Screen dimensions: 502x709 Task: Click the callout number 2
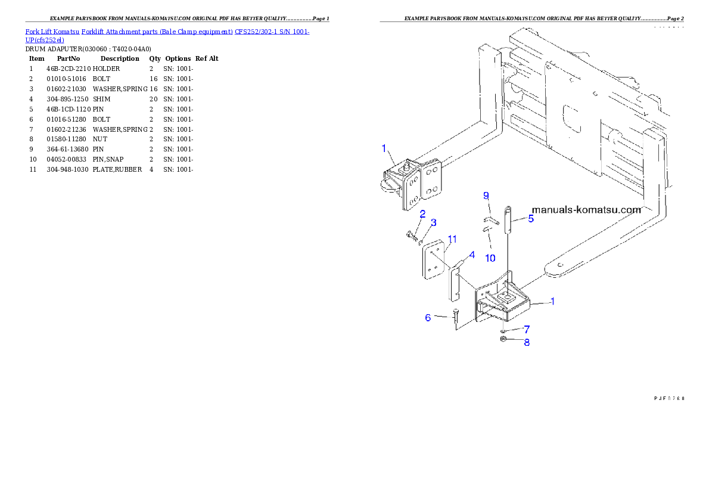[x=422, y=213]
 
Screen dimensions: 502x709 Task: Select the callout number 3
[x=433, y=222]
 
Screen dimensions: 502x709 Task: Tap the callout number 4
[x=471, y=255]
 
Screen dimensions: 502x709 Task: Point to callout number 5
[x=530, y=218]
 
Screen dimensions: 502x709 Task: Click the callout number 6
[x=428, y=318]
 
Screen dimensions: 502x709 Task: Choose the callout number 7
[x=526, y=329]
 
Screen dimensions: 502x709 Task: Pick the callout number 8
[x=526, y=342]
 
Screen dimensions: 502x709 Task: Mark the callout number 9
[x=486, y=196]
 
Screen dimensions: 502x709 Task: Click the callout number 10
[x=489, y=258]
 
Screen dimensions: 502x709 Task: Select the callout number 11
[x=452, y=239]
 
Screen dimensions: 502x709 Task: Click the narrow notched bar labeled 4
[x=454, y=283]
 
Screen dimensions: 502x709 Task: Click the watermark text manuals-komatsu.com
[x=586, y=210]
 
